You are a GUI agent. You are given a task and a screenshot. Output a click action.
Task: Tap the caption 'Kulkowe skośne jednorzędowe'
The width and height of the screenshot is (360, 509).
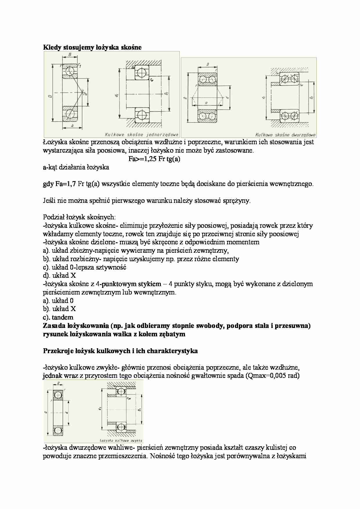click(141, 135)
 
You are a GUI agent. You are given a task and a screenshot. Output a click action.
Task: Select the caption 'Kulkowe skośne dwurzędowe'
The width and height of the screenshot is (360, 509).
click(285, 135)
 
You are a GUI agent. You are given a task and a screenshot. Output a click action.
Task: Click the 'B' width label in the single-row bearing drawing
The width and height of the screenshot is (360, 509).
click(70, 55)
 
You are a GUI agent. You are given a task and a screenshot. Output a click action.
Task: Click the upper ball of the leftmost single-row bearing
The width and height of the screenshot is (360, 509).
click(70, 71)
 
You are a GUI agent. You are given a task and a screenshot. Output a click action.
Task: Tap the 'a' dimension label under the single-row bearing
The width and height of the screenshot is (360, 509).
click(72, 126)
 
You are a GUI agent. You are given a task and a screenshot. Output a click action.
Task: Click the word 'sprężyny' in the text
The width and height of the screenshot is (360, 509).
click(237, 201)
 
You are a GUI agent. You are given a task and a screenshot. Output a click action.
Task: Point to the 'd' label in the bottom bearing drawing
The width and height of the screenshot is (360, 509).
click(67, 412)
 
